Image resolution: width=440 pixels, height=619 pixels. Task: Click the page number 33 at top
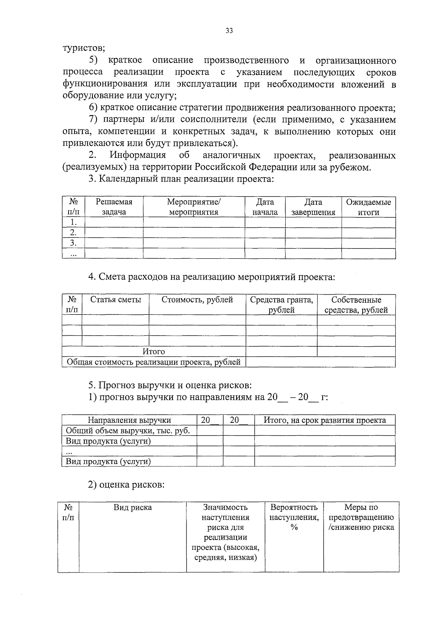(229, 31)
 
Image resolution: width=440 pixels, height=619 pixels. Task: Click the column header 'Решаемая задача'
(114, 207)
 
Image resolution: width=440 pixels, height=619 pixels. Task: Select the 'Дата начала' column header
(265, 207)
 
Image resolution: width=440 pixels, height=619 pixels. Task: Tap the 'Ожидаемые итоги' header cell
(368, 207)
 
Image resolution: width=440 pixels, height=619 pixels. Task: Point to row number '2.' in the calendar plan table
(73, 232)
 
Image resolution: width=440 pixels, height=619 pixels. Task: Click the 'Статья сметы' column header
(115, 300)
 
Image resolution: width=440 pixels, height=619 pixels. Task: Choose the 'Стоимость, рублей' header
(197, 300)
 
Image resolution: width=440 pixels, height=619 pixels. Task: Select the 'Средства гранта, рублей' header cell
(281, 305)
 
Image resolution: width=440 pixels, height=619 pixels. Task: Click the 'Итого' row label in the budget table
(154, 351)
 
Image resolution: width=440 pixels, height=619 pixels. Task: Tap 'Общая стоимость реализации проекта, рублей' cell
(154, 362)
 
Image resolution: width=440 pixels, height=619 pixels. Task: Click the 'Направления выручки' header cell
(129, 420)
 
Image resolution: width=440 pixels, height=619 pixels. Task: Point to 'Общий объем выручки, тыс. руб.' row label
(128, 430)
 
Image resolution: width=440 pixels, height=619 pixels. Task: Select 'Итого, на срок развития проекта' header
(324, 420)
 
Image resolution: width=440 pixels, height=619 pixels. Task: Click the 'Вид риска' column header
(132, 507)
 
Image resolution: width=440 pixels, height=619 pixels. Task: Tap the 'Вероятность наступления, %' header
(294, 517)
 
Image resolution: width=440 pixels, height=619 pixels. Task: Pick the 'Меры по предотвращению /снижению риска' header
(361, 517)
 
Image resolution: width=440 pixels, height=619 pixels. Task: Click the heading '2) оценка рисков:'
(126, 485)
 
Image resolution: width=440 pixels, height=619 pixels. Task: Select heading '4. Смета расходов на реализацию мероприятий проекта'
(212, 277)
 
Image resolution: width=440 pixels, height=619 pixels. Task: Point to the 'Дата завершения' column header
(313, 207)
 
